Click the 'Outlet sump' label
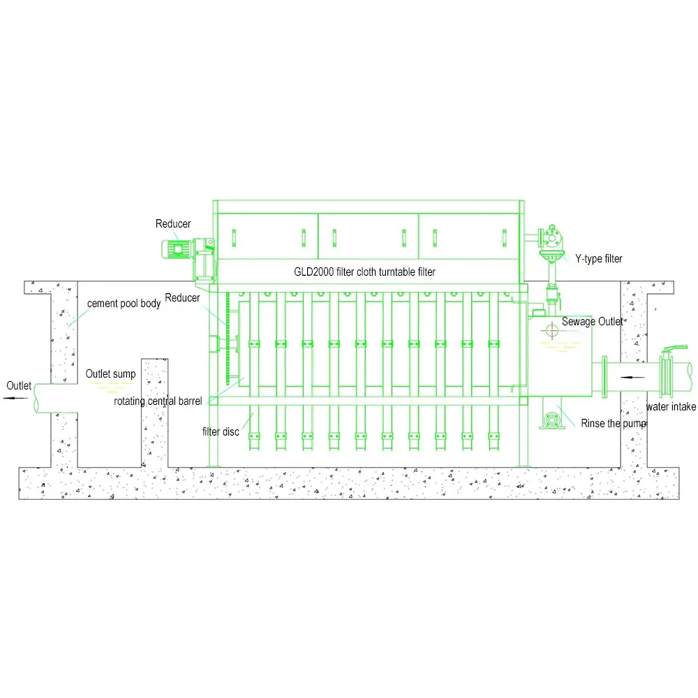click(x=110, y=374)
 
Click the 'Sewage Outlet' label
click(x=592, y=322)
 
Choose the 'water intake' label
click(x=670, y=407)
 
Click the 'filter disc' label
click(x=221, y=431)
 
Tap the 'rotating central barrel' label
click(x=158, y=401)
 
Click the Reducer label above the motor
click(x=172, y=224)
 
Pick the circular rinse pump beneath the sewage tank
click(x=552, y=420)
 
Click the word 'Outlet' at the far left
click(x=19, y=385)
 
